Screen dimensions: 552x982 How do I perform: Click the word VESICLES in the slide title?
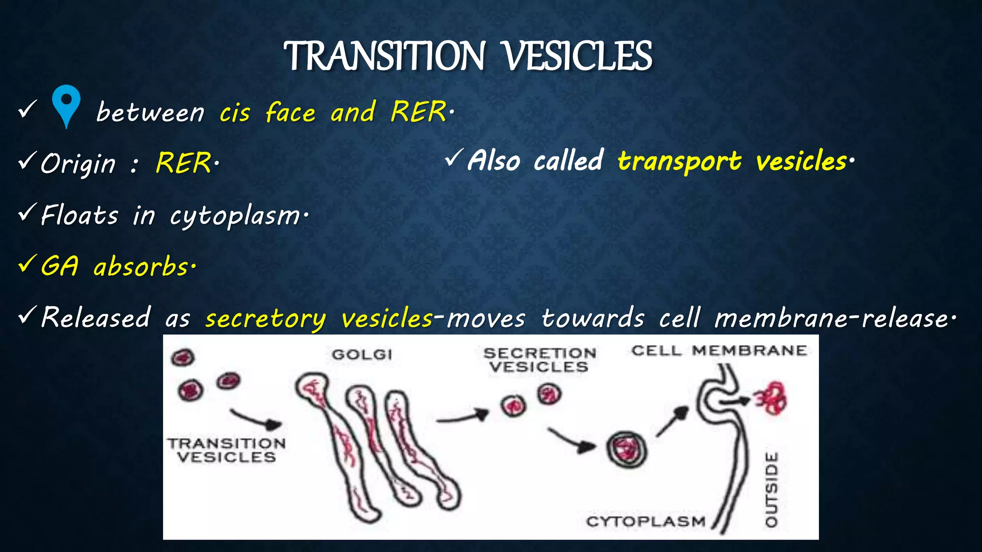point(578,57)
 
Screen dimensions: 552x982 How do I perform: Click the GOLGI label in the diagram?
point(362,355)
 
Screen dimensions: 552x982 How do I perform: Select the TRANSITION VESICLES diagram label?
point(226,450)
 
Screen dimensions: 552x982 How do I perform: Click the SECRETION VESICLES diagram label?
point(539,360)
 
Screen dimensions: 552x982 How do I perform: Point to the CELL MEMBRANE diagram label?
point(719,351)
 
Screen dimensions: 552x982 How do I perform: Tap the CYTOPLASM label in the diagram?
point(646,521)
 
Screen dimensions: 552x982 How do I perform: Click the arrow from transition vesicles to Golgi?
point(257,419)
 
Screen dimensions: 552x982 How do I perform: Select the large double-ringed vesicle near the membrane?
point(626,449)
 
